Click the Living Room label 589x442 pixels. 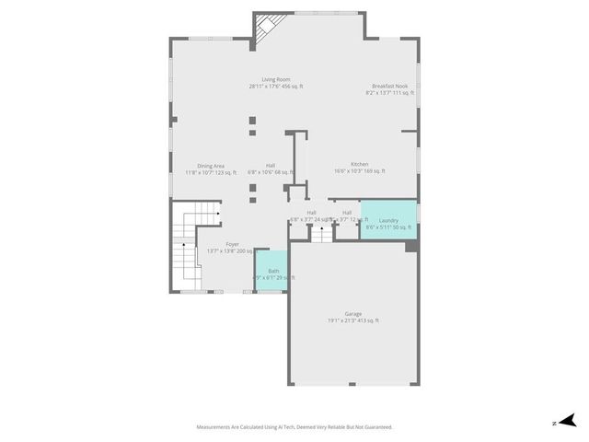tap(275, 79)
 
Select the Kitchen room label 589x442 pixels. tap(359, 164)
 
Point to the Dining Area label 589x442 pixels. tap(211, 166)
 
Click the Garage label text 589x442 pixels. tap(352, 314)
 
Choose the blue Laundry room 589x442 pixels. tap(387, 220)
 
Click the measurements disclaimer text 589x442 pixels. tap(294, 427)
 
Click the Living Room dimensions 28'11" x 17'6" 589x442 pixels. tap(275, 87)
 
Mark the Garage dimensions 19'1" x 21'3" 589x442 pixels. tap(352, 320)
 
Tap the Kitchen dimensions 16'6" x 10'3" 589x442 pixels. tap(359, 171)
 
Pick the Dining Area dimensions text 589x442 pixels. tap(211, 172)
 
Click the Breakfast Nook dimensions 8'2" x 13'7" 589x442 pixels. tap(389, 93)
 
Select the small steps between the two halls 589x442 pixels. tap(321, 234)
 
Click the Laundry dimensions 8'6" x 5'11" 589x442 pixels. tap(387, 227)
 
